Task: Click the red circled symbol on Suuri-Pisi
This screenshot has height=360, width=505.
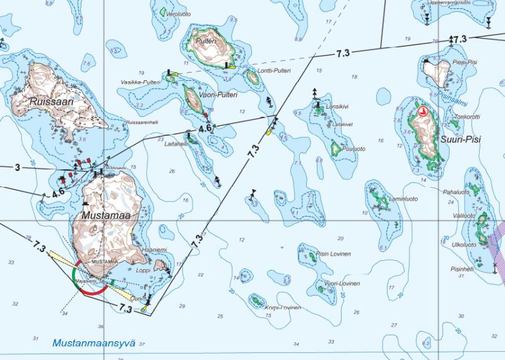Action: pos(424,112)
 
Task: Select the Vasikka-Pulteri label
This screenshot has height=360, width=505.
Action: pos(140,83)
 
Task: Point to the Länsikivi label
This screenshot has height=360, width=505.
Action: pos(337,107)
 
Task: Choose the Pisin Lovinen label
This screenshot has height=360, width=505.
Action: pos(331,253)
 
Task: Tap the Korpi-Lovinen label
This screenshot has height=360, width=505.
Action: pos(283,308)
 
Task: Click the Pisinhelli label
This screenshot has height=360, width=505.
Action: pos(461,268)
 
